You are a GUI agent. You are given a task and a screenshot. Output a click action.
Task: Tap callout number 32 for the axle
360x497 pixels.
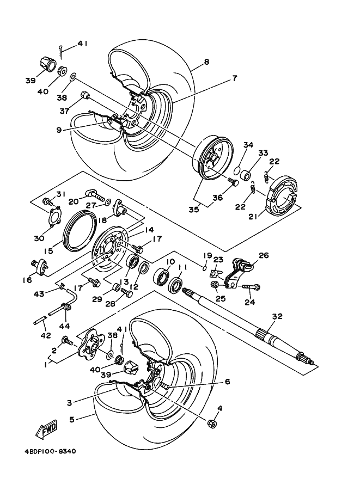point(277,316)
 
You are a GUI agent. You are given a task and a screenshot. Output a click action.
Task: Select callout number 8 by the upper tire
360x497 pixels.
point(206,62)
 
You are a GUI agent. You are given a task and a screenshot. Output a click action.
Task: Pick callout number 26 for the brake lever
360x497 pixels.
point(264,255)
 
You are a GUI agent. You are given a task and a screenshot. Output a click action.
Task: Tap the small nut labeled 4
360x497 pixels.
point(211,423)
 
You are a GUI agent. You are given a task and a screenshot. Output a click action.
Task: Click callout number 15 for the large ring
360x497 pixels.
point(48,251)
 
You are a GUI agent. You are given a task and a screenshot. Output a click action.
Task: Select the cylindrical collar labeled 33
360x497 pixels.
point(246,175)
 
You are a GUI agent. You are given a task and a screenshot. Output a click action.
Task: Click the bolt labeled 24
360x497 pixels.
point(252,286)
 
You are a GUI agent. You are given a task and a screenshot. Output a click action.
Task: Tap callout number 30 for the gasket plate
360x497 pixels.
point(39,238)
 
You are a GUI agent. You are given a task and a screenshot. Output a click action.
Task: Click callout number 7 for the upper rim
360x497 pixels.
point(234,78)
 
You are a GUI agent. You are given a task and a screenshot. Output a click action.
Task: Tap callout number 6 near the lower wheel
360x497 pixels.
point(227,382)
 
